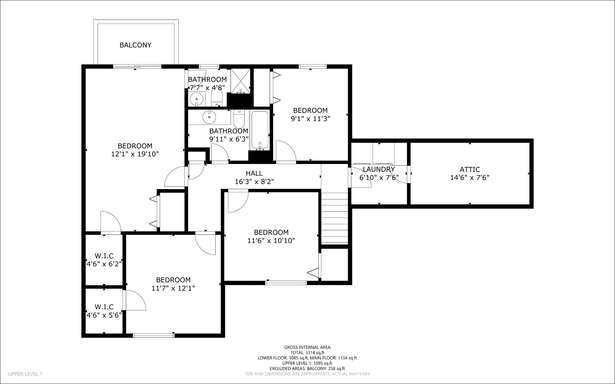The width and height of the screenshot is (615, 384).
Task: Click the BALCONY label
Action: coord(135,45)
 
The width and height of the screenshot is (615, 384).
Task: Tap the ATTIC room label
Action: coord(470,169)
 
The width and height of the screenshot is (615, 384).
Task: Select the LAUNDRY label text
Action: coord(379,169)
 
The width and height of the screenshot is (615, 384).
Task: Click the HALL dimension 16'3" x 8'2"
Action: coord(254,182)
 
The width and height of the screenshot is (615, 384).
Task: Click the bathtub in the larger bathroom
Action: coord(260,130)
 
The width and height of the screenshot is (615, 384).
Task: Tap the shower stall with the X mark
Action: coord(240,80)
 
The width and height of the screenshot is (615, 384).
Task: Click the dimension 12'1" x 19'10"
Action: coord(135,154)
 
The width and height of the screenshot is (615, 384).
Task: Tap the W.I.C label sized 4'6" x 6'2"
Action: coord(104,256)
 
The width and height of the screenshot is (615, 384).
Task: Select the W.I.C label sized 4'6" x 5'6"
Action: coord(104,307)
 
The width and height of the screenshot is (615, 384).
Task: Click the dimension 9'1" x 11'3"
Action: coord(310,119)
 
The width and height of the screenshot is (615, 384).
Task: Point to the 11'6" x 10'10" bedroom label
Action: coord(271,232)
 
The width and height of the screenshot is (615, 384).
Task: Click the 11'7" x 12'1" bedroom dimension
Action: coord(173,288)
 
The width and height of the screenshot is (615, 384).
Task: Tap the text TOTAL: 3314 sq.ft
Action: coord(307,353)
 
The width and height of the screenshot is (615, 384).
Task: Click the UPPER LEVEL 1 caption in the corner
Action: coord(25,374)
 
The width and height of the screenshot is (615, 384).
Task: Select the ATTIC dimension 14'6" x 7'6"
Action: coord(470,177)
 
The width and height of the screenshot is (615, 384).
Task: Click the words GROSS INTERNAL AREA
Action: coord(307,347)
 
